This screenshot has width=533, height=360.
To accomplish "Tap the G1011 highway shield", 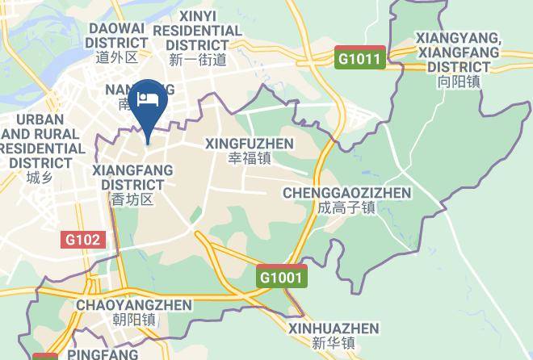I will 360,57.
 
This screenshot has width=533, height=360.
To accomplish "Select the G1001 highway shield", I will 283,277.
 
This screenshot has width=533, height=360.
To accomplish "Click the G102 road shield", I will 84,240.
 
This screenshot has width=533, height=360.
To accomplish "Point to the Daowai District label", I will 116,36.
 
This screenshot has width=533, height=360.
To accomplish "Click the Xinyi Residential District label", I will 198,30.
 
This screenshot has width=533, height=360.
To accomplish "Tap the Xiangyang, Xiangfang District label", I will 458,52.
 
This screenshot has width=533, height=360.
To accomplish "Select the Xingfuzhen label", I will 249,143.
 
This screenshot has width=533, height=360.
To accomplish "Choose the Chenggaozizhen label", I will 346,193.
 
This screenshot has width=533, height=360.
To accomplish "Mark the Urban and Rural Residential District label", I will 42,141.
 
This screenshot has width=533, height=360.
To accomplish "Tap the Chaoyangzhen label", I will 134,305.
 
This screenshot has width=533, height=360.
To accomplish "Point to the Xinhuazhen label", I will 334,329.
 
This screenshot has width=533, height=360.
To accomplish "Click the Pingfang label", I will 102,354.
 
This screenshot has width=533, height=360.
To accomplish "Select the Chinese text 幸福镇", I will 249,158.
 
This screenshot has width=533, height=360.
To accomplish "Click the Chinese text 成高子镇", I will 346,208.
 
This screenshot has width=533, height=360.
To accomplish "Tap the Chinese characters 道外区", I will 117,57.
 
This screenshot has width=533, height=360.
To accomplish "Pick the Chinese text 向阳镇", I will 458,82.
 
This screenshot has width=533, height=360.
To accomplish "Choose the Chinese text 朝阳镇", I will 134,320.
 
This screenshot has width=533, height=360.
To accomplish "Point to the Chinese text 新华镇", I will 334,343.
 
